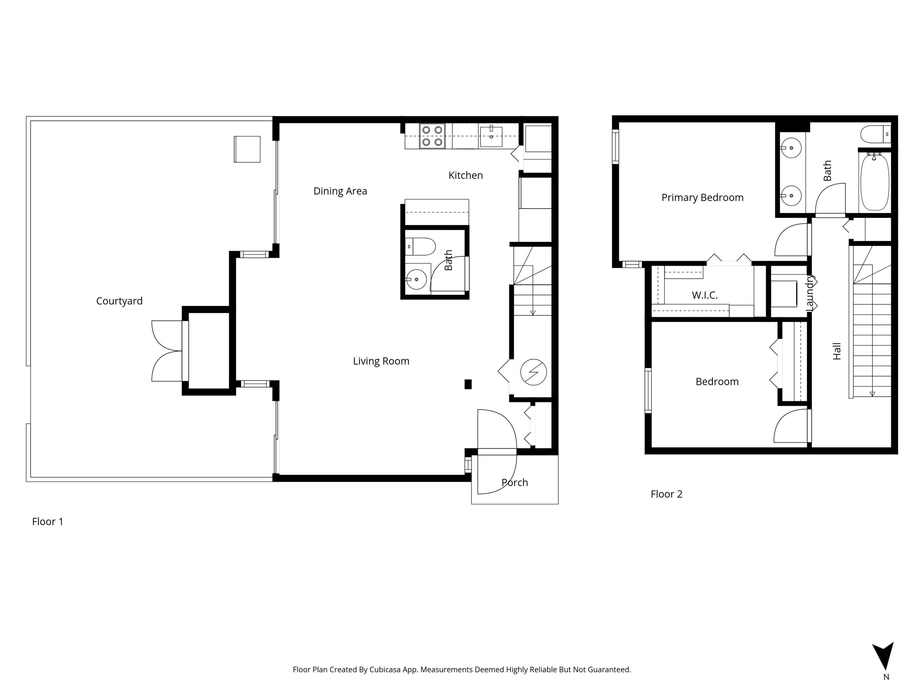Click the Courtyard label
point(119,301)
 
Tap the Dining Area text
point(340,191)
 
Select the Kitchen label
point(465,176)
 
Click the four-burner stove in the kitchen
point(432,136)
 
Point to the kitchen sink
point(491,136)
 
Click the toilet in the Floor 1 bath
point(421,246)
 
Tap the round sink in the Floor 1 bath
point(416,279)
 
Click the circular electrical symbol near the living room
point(533,372)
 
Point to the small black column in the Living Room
point(468,384)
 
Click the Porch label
point(515,482)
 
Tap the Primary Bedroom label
point(702,198)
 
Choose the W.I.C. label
point(705,295)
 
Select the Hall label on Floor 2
point(837,351)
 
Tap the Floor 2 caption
point(666,494)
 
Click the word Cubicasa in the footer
point(385,670)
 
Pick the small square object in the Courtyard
point(247,149)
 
